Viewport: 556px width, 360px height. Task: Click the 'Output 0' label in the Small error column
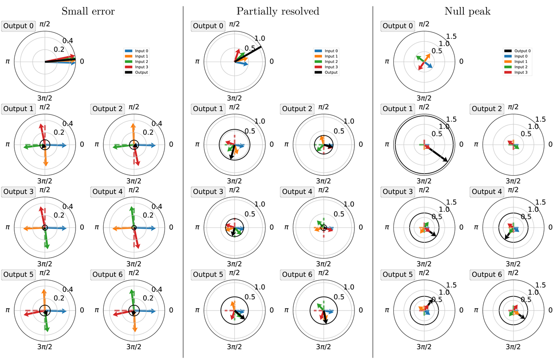coord(18,26)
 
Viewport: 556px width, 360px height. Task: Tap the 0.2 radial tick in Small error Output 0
coord(58,50)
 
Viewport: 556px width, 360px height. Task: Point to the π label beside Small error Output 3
coord(7,227)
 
